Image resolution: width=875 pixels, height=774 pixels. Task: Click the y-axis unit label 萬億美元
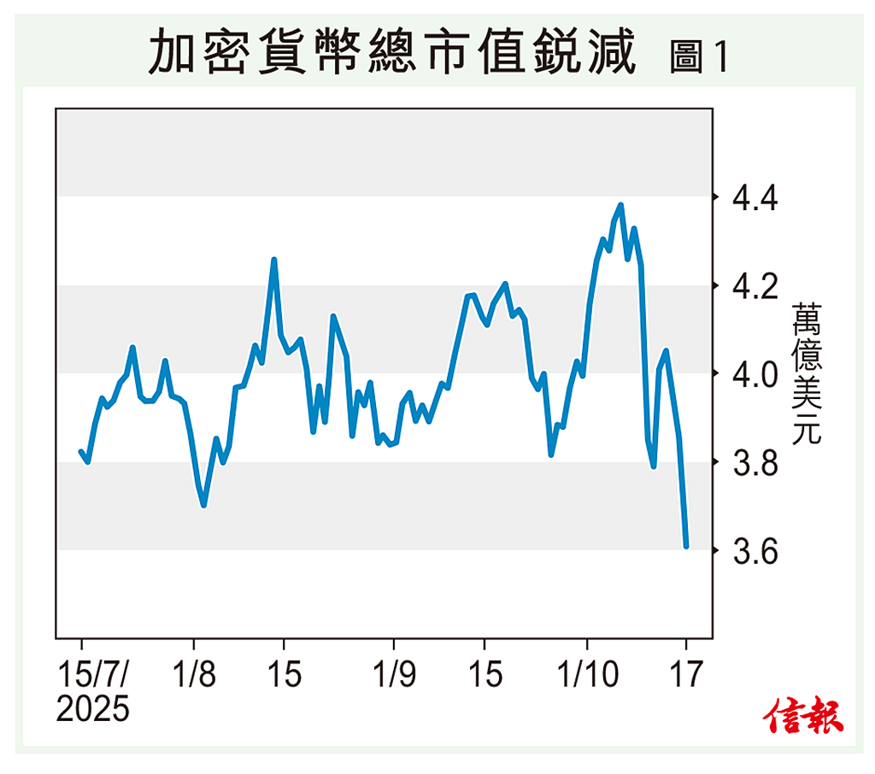806,373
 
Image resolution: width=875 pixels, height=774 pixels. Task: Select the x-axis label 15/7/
93,675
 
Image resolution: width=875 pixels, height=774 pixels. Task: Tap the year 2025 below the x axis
93,709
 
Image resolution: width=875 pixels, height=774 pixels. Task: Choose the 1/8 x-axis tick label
194,675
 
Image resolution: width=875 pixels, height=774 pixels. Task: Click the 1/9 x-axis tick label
394,675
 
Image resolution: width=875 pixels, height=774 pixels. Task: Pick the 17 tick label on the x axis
686,675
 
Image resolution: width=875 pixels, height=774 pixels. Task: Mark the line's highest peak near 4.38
620,205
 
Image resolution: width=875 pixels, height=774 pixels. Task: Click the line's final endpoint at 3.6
686,546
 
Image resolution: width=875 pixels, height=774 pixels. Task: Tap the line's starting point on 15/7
81,451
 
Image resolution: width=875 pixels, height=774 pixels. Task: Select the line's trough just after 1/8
203,505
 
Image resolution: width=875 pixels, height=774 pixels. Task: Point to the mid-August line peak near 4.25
274,259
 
